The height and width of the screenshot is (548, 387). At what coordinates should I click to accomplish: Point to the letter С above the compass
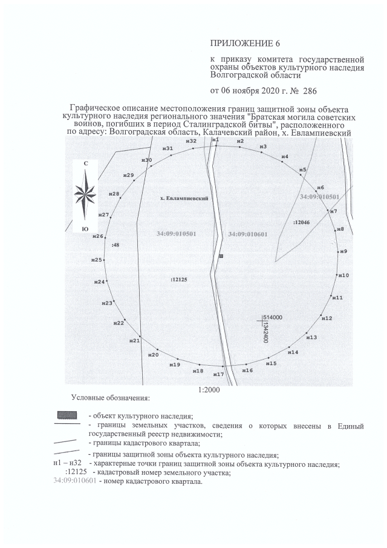tap(86, 164)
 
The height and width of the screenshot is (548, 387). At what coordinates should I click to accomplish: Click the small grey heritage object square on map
tap(221, 257)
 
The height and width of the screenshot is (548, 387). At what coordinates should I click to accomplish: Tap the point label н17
tap(219, 375)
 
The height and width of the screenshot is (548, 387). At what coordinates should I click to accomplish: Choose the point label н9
tap(343, 251)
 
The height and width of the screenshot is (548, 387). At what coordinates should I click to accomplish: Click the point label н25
tap(97, 260)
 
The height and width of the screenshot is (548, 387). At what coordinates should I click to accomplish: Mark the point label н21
tap(135, 341)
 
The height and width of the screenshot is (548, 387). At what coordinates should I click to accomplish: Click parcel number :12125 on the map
tap(180, 280)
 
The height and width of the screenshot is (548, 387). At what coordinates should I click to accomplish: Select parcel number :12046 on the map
tap(301, 223)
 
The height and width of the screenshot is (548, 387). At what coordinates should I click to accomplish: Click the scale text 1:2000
tap(209, 391)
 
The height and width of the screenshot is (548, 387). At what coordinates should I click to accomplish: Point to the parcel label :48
tap(115, 245)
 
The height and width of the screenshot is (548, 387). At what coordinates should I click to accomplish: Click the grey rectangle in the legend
tap(67, 415)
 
